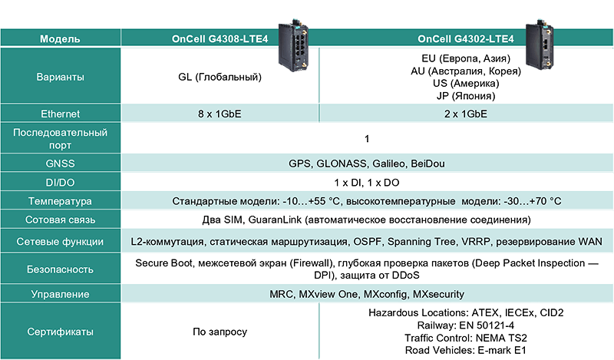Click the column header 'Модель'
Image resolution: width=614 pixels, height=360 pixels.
tap(61, 39)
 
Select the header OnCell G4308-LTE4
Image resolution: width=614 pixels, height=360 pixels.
tap(220, 39)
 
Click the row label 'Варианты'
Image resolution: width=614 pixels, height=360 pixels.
tap(61, 77)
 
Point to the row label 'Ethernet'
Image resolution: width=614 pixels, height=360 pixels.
tap(61, 114)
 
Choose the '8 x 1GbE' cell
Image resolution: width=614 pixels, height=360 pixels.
tap(220, 114)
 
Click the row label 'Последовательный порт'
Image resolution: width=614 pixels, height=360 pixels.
tap(61, 139)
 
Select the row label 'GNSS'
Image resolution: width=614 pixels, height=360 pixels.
tap(61, 164)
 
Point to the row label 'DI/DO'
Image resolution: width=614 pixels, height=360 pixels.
tap(61, 183)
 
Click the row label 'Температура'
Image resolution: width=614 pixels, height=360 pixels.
tap(61, 201)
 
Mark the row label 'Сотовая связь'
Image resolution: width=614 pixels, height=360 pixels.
tap(61, 220)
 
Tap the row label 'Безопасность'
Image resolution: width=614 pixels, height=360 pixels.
tap(61, 269)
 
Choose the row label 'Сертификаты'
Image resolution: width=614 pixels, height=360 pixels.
tap(61, 332)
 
